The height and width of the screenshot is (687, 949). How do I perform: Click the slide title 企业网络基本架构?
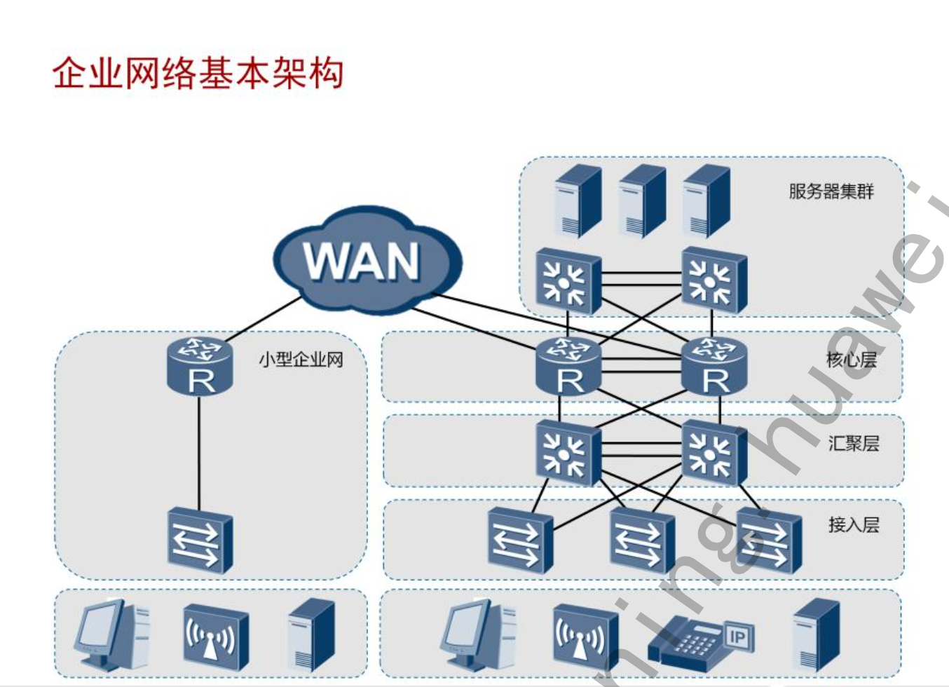pos(198,73)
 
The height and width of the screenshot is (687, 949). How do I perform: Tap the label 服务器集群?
pos(831,191)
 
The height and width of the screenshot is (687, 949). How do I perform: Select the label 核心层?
pos(851,360)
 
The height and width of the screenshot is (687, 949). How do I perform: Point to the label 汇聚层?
pos(853,443)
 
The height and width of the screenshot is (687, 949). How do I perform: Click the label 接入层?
pos(853,524)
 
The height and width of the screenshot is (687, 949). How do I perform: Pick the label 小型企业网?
pos(301,360)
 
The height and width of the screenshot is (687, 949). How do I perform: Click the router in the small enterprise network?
pos(200,366)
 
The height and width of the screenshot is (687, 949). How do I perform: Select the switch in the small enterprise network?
pos(200,540)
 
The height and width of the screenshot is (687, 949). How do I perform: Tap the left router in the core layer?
pos(568,366)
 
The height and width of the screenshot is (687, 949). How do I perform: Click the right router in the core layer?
pos(714,366)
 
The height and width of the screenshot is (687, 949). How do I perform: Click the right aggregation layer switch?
pos(714,452)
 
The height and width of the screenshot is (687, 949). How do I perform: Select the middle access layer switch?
pos(641,539)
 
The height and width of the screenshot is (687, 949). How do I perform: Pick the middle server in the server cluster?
pos(641,201)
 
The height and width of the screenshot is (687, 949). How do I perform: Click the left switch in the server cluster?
pos(568,280)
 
